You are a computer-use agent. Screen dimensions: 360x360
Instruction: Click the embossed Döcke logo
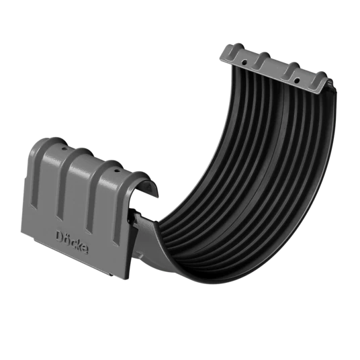point(72,242)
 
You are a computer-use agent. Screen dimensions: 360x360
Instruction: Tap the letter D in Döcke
point(60,236)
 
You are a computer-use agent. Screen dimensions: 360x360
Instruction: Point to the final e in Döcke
point(85,250)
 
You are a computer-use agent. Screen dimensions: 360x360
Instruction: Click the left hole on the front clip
point(64,150)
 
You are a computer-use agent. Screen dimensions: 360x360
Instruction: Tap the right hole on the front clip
point(116,171)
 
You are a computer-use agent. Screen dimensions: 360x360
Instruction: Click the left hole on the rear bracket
point(245,62)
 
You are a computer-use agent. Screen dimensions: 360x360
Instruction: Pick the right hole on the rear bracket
point(297,81)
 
